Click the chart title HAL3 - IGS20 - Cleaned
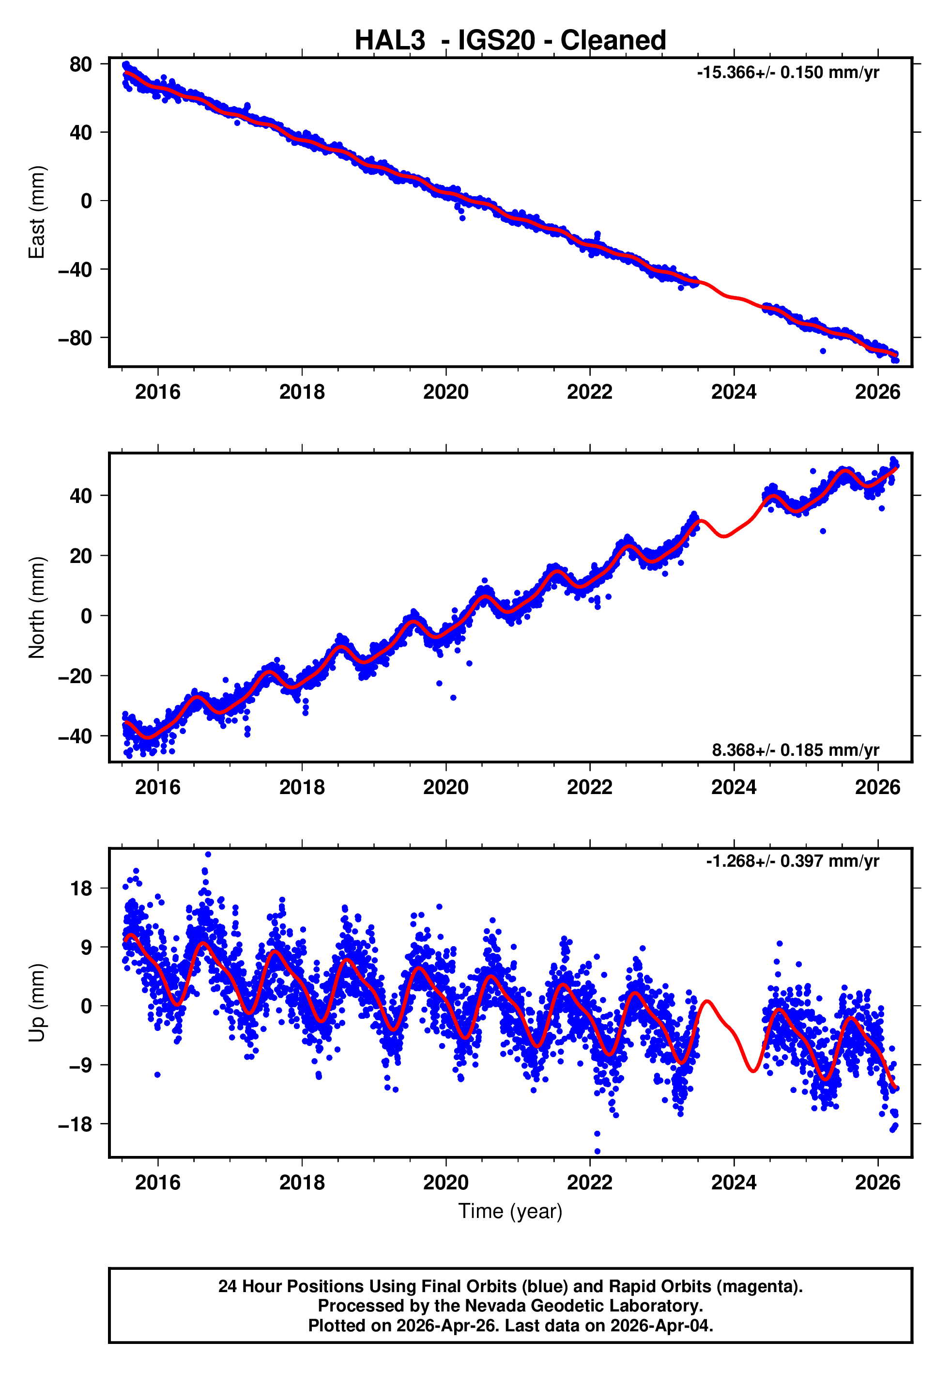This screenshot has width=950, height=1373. point(510,41)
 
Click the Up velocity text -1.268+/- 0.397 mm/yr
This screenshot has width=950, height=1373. point(792,861)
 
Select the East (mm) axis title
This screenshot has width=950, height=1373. point(37,212)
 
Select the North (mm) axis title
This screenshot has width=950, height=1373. point(37,608)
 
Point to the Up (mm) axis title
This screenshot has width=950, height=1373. point(37,1003)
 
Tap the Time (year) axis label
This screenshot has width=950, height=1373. point(510,1211)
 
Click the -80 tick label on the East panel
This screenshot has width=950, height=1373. point(75,338)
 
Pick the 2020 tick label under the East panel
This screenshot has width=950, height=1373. point(446,392)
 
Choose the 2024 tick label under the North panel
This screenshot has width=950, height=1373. point(734,787)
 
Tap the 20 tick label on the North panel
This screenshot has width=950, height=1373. point(80,556)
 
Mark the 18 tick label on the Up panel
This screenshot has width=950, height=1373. point(81,889)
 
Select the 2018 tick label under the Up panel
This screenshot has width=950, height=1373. point(302,1183)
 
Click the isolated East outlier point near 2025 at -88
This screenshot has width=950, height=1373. point(823,351)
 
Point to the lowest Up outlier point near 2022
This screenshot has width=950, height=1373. point(597,1151)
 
